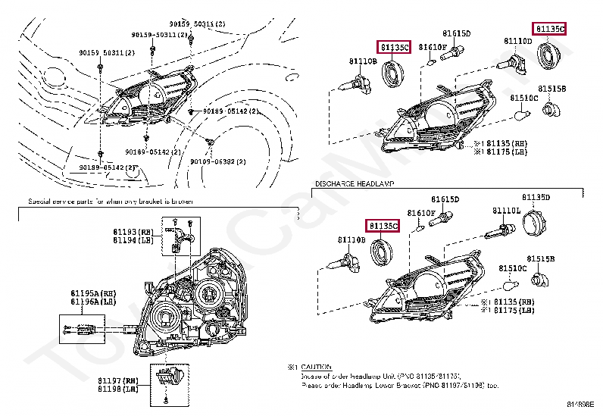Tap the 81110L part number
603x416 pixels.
pyautogui.click(x=506, y=210)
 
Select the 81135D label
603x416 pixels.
pyautogui.click(x=536, y=197)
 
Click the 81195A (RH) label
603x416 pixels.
pyautogui.click(x=92, y=293)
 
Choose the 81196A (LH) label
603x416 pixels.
pyautogui.click(x=92, y=302)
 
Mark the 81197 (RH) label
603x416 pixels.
pyautogui.click(x=117, y=380)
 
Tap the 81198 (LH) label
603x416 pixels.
pyautogui.click(x=117, y=389)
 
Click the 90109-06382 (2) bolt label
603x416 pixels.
pyautogui.click(x=217, y=161)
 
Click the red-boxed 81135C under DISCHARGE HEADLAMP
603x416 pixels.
pyautogui.click(x=383, y=226)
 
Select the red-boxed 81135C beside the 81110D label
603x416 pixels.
pyautogui.click(x=549, y=29)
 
